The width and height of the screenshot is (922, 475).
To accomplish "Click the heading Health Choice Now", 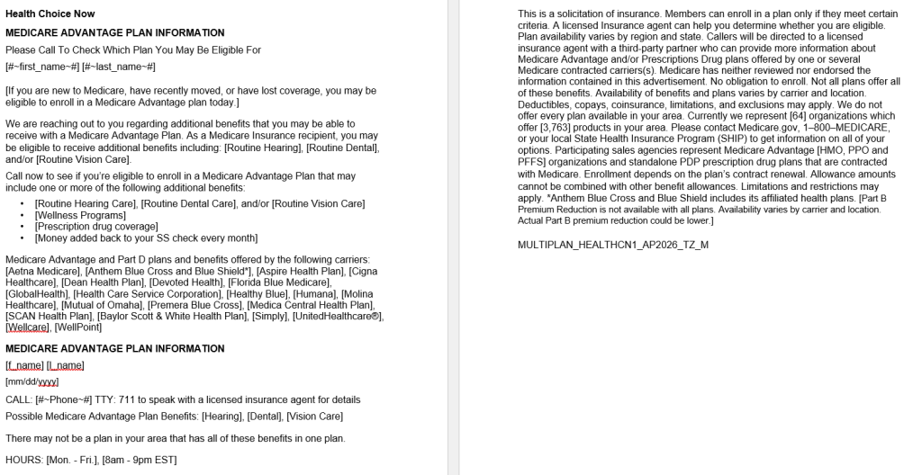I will (50, 13).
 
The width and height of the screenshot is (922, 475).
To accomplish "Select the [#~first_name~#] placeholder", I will (42, 67).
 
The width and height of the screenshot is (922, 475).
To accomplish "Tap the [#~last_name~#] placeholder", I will (119, 67).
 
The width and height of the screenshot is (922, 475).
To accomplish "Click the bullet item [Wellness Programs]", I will (80, 215).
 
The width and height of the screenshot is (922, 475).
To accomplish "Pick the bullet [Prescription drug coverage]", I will (97, 227).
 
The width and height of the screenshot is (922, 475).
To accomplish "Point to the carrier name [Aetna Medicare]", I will (38, 271).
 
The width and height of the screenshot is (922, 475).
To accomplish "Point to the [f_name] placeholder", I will (25, 365).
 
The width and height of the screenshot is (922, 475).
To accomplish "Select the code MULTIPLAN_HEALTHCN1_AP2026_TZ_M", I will (612, 244).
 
